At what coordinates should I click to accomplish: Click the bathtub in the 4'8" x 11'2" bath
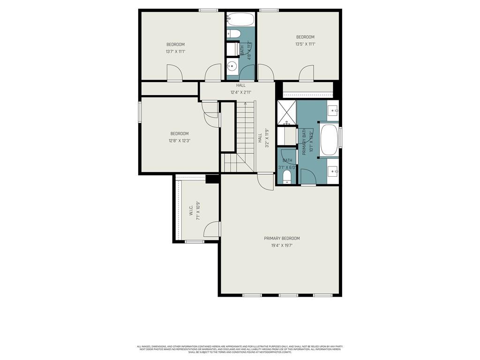click(x=240, y=20)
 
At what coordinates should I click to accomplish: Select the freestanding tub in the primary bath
click(x=330, y=139)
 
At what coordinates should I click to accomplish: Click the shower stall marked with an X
click(x=286, y=112)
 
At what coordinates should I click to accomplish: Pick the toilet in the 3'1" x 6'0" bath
click(x=287, y=176)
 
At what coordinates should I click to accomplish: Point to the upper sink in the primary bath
click(x=333, y=111)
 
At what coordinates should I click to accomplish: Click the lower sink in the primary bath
click(x=333, y=172)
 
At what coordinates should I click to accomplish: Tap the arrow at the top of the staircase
click(x=245, y=104)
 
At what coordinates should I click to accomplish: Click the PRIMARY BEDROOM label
click(x=282, y=238)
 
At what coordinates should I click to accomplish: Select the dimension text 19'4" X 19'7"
click(x=282, y=245)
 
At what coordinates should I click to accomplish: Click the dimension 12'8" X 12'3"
click(x=180, y=140)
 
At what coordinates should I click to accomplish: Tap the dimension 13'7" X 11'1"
click(x=175, y=52)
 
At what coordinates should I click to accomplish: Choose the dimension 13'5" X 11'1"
click(x=305, y=44)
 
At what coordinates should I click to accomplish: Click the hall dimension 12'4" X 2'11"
click(x=241, y=92)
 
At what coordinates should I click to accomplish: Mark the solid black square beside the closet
click(x=212, y=179)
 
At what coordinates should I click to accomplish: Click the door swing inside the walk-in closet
click(x=212, y=229)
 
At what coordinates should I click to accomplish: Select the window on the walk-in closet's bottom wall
click(x=194, y=242)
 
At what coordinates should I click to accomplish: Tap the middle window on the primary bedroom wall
click(x=288, y=295)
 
